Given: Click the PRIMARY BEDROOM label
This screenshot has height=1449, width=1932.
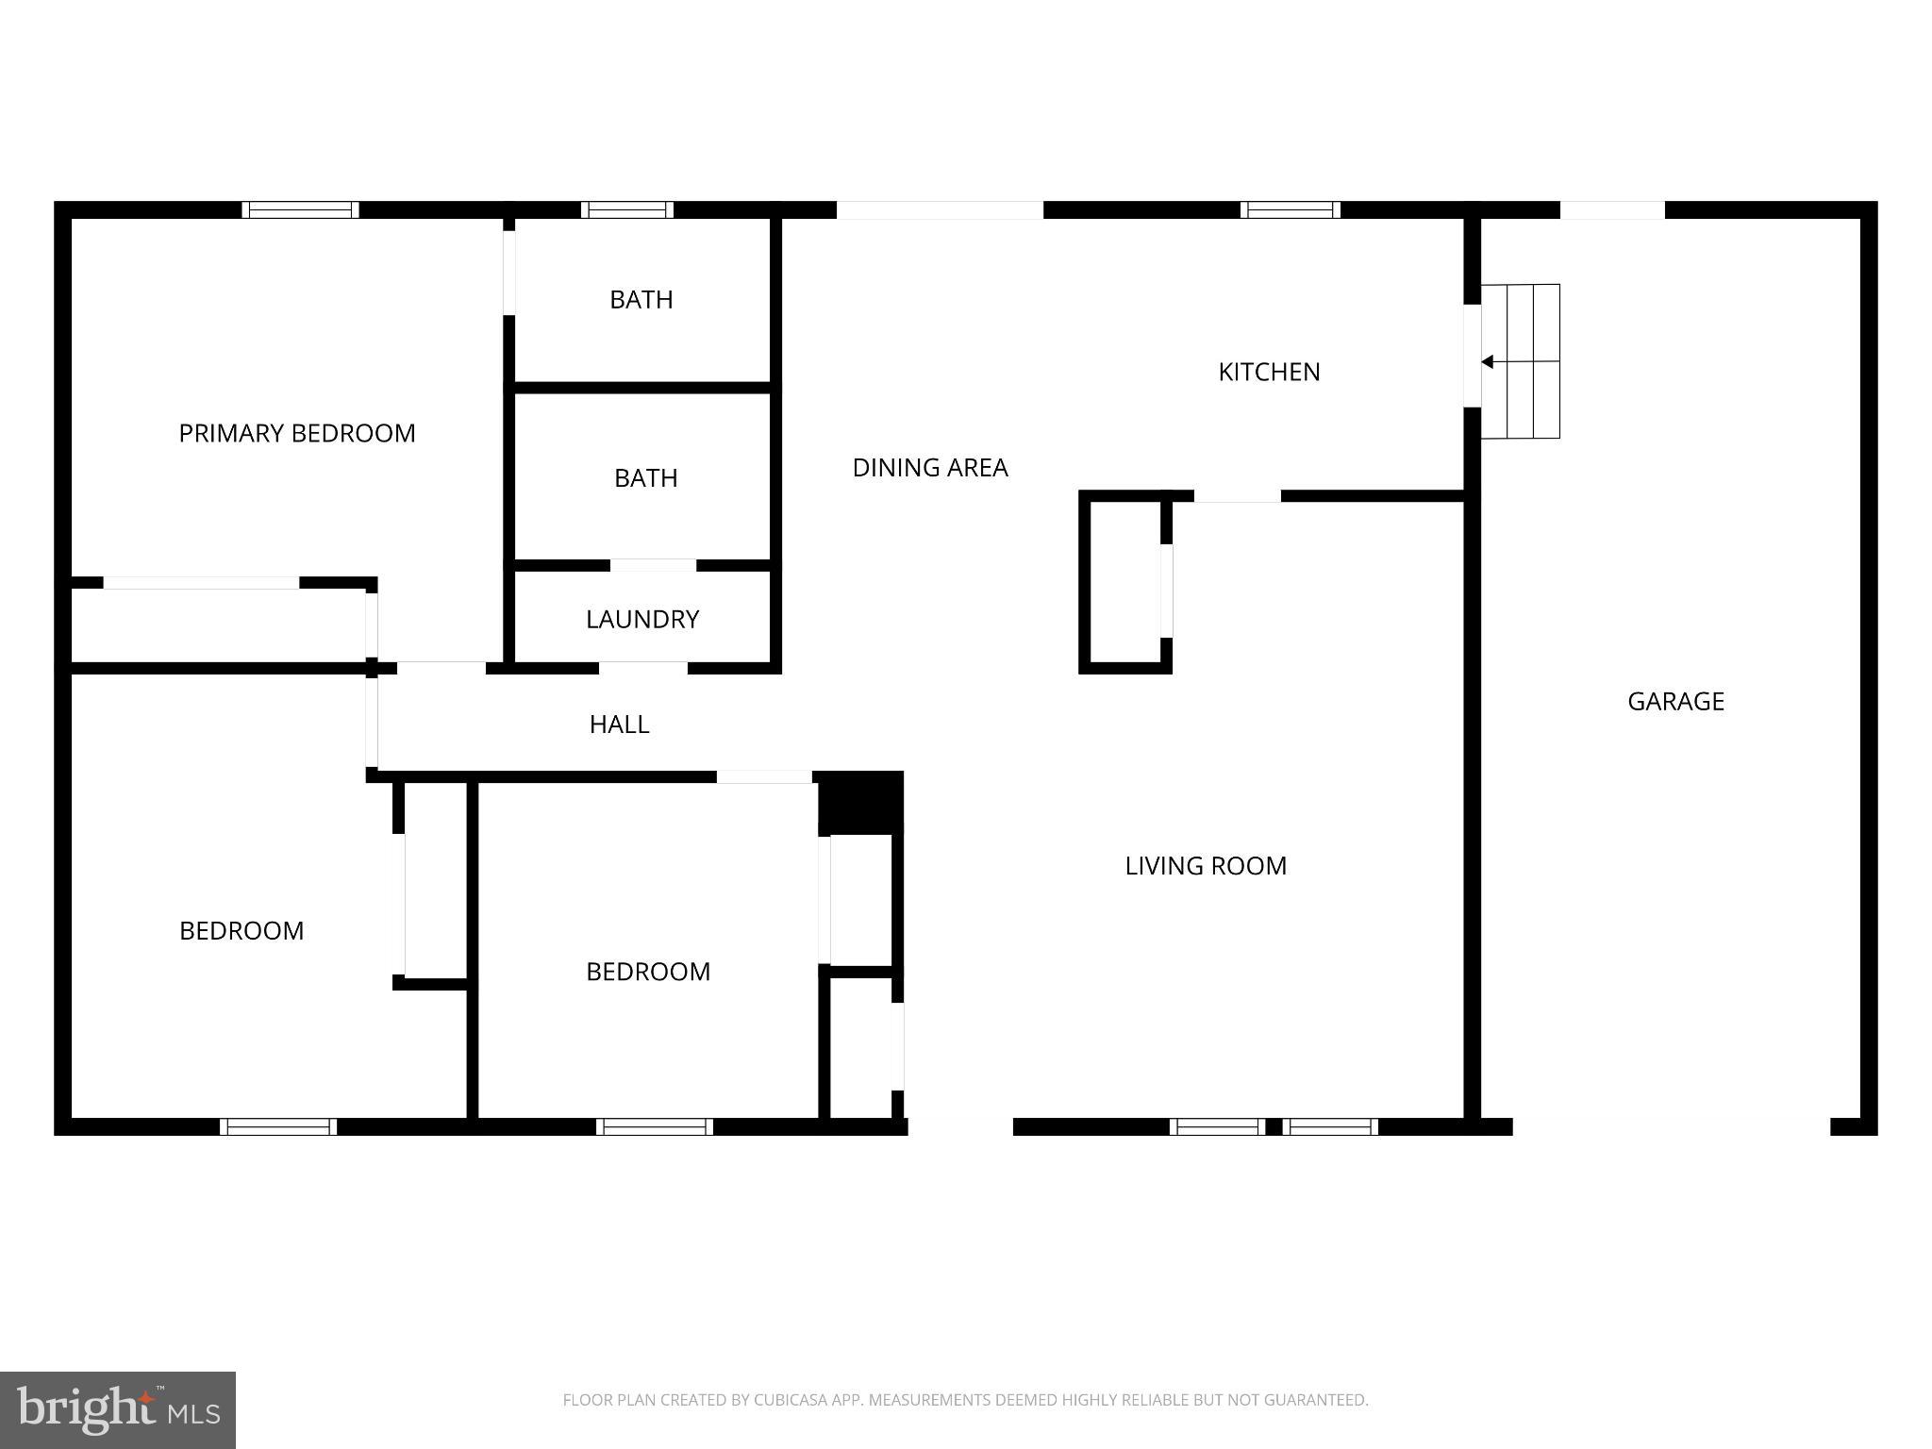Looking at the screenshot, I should click(297, 433).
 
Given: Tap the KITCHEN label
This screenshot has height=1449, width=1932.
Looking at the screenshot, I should click(1269, 372).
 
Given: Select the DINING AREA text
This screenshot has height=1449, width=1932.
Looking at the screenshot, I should click(930, 467).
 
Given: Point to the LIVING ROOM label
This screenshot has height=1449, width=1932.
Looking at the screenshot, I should click(1206, 866).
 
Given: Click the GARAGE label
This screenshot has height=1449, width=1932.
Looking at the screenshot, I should click(1675, 701).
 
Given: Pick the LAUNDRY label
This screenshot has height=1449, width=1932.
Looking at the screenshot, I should click(642, 619).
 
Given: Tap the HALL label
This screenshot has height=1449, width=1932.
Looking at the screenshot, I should click(619, 724).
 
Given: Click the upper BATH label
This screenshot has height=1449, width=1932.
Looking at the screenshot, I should click(641, 300).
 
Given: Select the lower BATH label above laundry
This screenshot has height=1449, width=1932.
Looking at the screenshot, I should click(646, 478).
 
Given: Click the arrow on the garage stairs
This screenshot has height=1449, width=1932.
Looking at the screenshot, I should click(1488, 361).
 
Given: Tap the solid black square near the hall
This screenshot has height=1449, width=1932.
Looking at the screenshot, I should click(859, 803).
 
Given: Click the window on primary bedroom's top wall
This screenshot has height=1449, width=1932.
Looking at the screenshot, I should click(300, 209).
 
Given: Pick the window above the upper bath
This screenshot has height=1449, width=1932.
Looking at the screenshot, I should click(627, 209).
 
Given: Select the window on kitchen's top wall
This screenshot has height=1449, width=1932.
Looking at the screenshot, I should click(1290, 209).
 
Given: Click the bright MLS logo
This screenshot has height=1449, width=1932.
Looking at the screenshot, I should click(117, 1409).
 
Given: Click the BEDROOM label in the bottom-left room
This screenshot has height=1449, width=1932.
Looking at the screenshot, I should click(241, 931).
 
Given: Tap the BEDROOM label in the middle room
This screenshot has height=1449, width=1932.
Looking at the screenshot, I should click(648, 972).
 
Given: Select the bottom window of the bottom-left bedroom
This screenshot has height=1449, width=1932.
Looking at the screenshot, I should click(278, 1126).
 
